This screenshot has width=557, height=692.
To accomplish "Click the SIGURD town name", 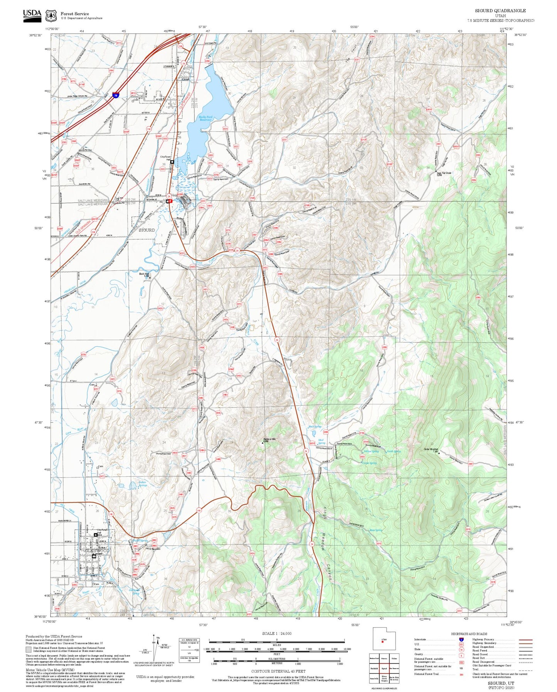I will (x=146, y=230).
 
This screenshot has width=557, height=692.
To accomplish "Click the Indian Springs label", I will (x=143, y=484).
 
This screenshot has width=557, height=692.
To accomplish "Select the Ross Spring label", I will (x=376, y=530).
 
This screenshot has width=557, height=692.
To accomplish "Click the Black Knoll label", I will (x=144, y=274).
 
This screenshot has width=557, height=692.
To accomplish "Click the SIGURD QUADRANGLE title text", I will (x=500, y=10).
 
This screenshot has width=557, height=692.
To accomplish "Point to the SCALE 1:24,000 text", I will (x=276, y=633).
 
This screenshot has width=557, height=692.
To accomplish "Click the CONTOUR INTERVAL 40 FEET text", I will (x=278, y=671).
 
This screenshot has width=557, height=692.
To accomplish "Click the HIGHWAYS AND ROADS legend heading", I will (x=469, y=633).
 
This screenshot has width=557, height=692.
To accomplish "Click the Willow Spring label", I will (x=371, y=451).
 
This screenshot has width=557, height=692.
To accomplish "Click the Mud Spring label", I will (x=321, y=442).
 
